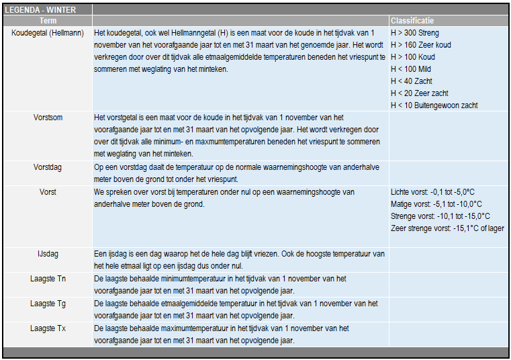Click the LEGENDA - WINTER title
coord(40,10)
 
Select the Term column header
coord(48,21)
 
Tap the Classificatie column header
coord(412,21)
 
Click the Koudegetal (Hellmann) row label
coord(48,32)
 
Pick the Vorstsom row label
coord(48,117)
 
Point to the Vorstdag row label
coord(48,167)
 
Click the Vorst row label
coord(48,192)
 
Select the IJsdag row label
coord(48,255)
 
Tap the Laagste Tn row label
coord(48,279)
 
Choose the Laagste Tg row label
coord(48,304)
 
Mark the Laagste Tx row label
coord(48,328)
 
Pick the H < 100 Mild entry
coord(411,69)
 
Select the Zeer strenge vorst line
coord(447,228)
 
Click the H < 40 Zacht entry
coord(411,81)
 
